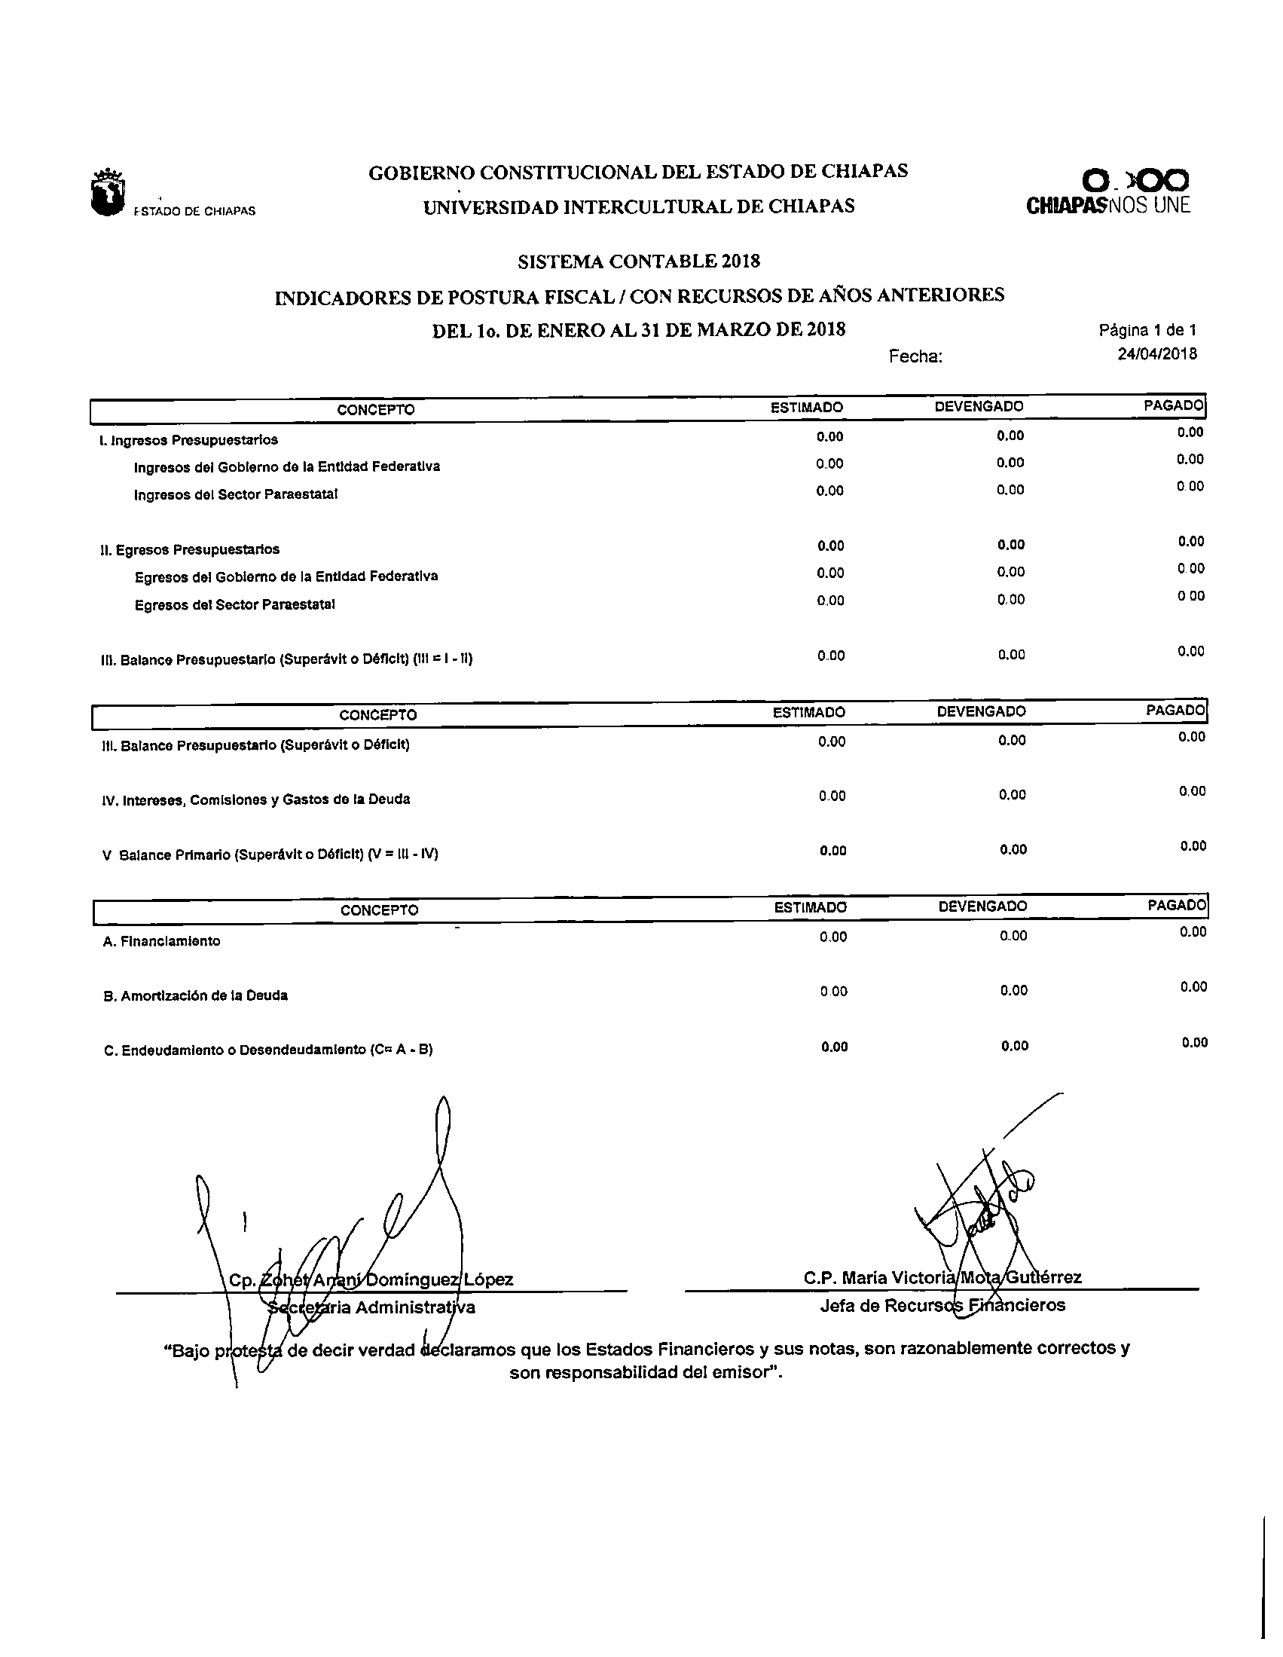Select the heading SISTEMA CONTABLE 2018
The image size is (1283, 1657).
[x=639, y=261]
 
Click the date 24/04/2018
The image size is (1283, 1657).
[x=1157, y=353]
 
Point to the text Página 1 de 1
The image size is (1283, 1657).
[x=1147, y=330]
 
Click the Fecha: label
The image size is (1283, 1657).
[x=916, y=356]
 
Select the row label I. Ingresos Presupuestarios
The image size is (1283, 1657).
[x=188, y=440]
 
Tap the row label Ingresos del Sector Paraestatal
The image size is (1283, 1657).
[x=235, y=494]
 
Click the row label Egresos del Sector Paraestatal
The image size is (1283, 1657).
[x=234, y=604]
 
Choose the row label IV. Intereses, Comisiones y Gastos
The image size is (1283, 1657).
[x=255, y=799]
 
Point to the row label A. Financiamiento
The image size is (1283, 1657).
[x=162, y=942]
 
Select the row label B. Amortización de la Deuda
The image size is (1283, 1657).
[x=195, y=996]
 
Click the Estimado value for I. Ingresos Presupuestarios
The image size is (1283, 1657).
[x=829, y=437]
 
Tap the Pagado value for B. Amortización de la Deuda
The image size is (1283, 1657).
[x=1193, y=987]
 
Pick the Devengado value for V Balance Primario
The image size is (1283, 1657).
[x=1013, y=850]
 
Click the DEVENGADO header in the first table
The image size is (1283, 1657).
[x=978, y=407]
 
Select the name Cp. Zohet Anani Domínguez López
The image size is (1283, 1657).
[x=371, y=1280]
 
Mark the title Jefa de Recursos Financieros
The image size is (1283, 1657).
[x=942, y=1305]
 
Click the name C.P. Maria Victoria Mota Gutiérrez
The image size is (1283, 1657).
[x=942, y=1278]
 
